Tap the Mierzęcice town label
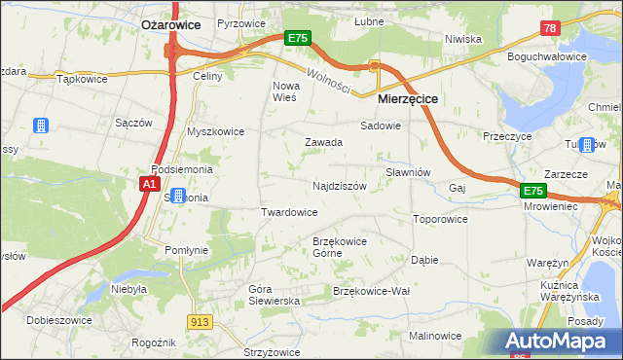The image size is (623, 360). [407, 99]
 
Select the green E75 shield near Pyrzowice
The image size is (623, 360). [298, 38]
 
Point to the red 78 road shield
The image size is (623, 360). [551, 30]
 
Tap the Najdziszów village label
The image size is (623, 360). [339, 185]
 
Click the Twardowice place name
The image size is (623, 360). [289, 212]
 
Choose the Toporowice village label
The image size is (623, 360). [440, 219]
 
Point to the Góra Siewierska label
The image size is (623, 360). [274, 295]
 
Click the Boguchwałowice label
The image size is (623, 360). [547, 56]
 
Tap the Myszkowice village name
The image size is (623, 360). [216, 131]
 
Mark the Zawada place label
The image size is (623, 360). [323, 142]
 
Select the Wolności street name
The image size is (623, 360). [327, 81]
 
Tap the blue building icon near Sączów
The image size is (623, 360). [41, 126]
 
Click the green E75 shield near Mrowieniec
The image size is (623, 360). [531, 191]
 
